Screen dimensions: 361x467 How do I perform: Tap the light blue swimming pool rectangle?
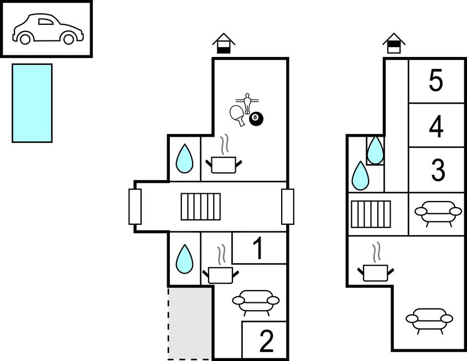32,103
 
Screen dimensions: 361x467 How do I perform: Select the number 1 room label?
258,249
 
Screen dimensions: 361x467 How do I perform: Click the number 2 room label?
266,341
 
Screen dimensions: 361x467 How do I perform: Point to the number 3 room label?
437,171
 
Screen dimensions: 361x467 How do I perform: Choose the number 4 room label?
436,126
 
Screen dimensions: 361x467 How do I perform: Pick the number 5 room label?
436,81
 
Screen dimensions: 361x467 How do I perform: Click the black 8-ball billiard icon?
256,118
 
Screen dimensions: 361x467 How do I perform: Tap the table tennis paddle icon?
238,115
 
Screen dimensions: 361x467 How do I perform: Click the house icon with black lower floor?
224,43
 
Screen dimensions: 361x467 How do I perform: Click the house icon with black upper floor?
393,43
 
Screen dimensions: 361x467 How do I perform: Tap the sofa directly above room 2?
255,301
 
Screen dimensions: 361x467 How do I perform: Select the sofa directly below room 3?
438,213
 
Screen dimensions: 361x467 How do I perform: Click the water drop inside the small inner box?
376,149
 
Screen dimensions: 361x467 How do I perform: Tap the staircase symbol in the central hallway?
201,207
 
